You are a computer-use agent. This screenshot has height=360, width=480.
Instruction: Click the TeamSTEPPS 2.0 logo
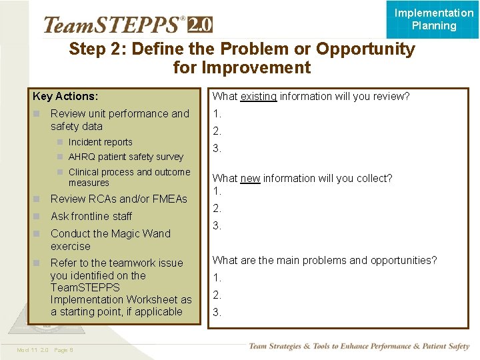(x=127, y=25)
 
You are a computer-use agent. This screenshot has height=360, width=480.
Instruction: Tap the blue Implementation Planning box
(x=433, y=19)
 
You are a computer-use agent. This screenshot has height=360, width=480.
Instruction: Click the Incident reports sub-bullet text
(x=100, y=142)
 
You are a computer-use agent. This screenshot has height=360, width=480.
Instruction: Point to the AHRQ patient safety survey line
(x=125, y=157)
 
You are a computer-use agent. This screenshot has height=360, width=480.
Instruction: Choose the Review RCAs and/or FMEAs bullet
(x=119, y=199)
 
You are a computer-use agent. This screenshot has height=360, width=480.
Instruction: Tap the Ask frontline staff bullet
(x=91, y=216)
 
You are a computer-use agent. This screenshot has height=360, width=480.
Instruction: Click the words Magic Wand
(x=140, y=233)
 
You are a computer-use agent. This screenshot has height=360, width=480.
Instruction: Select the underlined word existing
(x=258, y=96)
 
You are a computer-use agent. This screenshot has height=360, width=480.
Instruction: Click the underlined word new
(x=250, y=178)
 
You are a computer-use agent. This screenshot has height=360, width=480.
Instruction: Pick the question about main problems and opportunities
(x=325, y=260)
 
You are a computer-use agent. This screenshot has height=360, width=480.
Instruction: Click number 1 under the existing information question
(x=217, y=114)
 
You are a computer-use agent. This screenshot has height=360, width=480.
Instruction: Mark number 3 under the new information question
(x=217, y=226)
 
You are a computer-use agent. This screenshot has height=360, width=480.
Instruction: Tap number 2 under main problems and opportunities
(x=217, y=295)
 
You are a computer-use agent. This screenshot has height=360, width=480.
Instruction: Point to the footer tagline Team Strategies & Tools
(x=359, y=346)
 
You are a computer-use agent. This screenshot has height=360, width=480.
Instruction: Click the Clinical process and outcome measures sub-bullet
(x=129, y=177)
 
